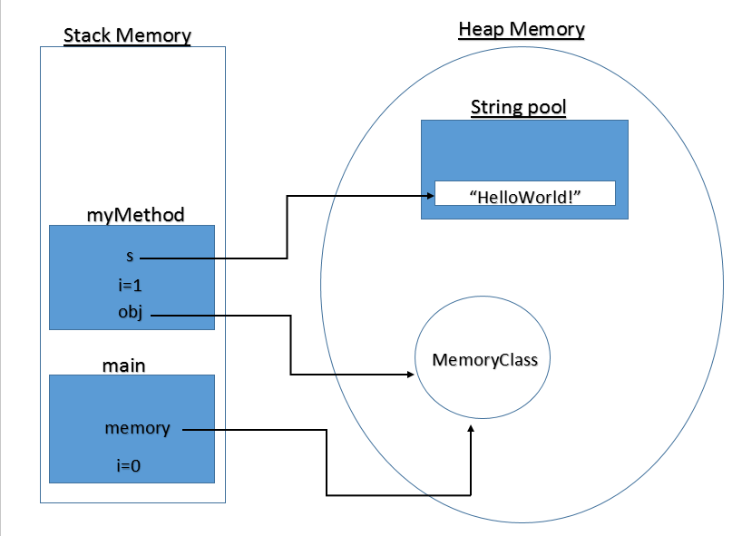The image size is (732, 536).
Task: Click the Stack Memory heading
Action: tap(127, 36)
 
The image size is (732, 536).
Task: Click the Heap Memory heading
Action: tap(522, 29)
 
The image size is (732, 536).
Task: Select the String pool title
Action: tap(518, 108)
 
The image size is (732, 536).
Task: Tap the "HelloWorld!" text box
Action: tap(525, 194)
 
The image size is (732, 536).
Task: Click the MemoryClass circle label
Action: tap(484, 360)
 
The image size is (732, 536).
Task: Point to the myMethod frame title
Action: tap(135, 215)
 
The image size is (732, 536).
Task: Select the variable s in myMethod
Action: tap(130, 256)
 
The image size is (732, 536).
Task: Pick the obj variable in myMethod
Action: tap(131, 314)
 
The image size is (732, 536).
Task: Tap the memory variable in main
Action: tap(137, 428)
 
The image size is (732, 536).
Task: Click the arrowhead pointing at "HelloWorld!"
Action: tap(429, 195)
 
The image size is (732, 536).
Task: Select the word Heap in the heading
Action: tap(481, 29)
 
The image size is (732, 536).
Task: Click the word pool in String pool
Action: tap(547, 108)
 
